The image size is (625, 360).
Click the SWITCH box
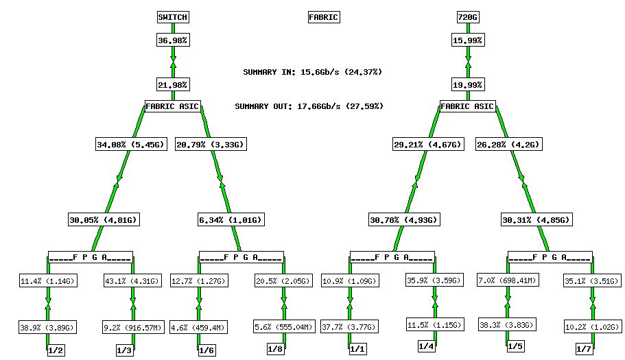coord(172,17)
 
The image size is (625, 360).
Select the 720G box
coord(467,17)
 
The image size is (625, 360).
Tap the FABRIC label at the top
coord(323,17)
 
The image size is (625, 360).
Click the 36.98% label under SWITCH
coord(172,40)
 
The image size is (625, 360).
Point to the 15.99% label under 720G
coord(467,40)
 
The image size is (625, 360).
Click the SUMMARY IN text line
coord(312,72)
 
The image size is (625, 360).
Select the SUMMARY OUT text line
coord(309,106)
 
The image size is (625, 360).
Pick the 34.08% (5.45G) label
coord(130,145)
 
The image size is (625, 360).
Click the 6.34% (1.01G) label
coord(231,220)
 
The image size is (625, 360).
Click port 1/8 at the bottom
coord(275,349)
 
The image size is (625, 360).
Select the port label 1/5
coord(515,347)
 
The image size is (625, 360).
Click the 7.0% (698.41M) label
coord(508,280)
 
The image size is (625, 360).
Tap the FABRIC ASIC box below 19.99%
coord(467,106)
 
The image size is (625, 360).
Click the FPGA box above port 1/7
coord(549,258)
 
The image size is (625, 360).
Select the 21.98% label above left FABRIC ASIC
coord(172,85)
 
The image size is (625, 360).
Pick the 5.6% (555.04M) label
coord(284,326)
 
